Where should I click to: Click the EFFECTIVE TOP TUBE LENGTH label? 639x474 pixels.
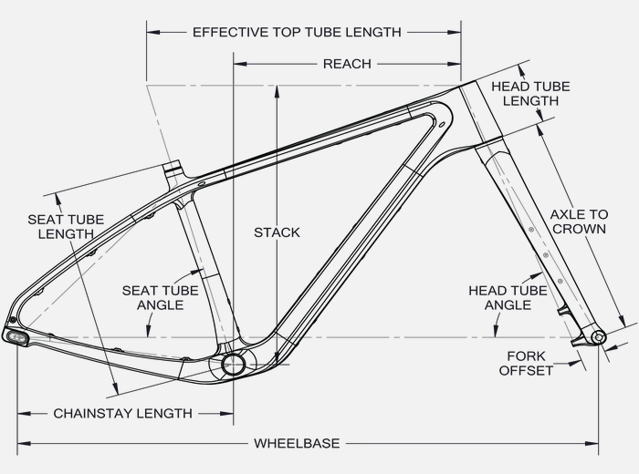[297, 32]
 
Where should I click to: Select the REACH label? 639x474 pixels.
[347, 64]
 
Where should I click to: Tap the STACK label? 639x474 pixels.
[277, 232]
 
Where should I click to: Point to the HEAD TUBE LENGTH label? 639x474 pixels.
[530, 93]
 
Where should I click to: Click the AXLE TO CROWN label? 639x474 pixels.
[578, 222]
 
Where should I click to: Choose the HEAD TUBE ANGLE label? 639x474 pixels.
[508, 297]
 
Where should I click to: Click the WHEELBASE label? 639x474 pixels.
[297, 443]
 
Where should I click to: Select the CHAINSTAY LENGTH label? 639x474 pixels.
[122, 413]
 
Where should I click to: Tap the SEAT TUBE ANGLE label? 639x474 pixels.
[153, 298]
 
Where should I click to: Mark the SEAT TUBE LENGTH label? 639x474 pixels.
[65, 227]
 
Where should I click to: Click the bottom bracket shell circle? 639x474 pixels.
[233, 365]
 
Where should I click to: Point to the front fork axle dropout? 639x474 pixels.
[598, 337]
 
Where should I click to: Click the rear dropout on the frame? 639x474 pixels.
[18, 336]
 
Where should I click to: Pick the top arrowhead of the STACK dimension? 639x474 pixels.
[277, 94]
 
